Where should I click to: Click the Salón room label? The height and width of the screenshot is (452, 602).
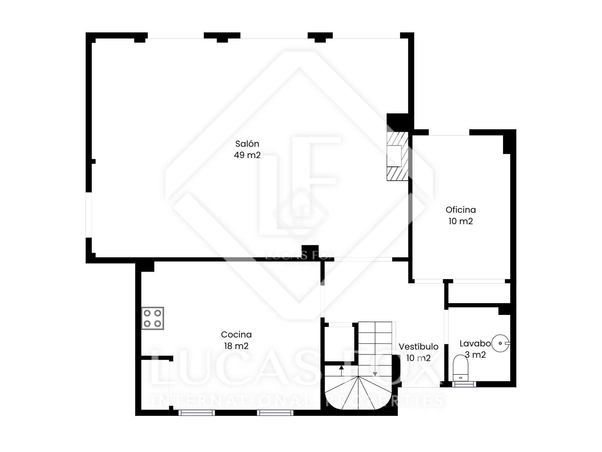(247, 144)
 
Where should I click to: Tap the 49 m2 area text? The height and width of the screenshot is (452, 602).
(247, 155)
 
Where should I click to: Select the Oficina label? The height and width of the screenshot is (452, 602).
(461, 210)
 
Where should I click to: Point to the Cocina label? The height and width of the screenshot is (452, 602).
(236, 334)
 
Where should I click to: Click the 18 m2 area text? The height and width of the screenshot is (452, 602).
(236, 346)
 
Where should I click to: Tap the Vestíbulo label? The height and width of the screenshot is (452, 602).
(418, 347)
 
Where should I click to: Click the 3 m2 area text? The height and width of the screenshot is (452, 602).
(475, 355)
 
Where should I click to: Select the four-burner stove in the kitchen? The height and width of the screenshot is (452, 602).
(152, 318)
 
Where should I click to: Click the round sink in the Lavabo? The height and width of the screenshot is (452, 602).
(500, 343)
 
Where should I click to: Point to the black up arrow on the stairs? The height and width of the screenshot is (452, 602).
(341, 371)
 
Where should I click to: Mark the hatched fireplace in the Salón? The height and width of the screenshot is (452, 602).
(397, 156)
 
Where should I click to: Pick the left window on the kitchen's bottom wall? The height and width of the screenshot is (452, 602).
(196, 412)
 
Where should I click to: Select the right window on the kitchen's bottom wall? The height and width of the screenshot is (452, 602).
(275, 412)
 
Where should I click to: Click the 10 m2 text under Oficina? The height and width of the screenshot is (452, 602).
(461, 221)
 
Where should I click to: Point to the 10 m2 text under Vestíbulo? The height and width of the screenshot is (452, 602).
(418, 358)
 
